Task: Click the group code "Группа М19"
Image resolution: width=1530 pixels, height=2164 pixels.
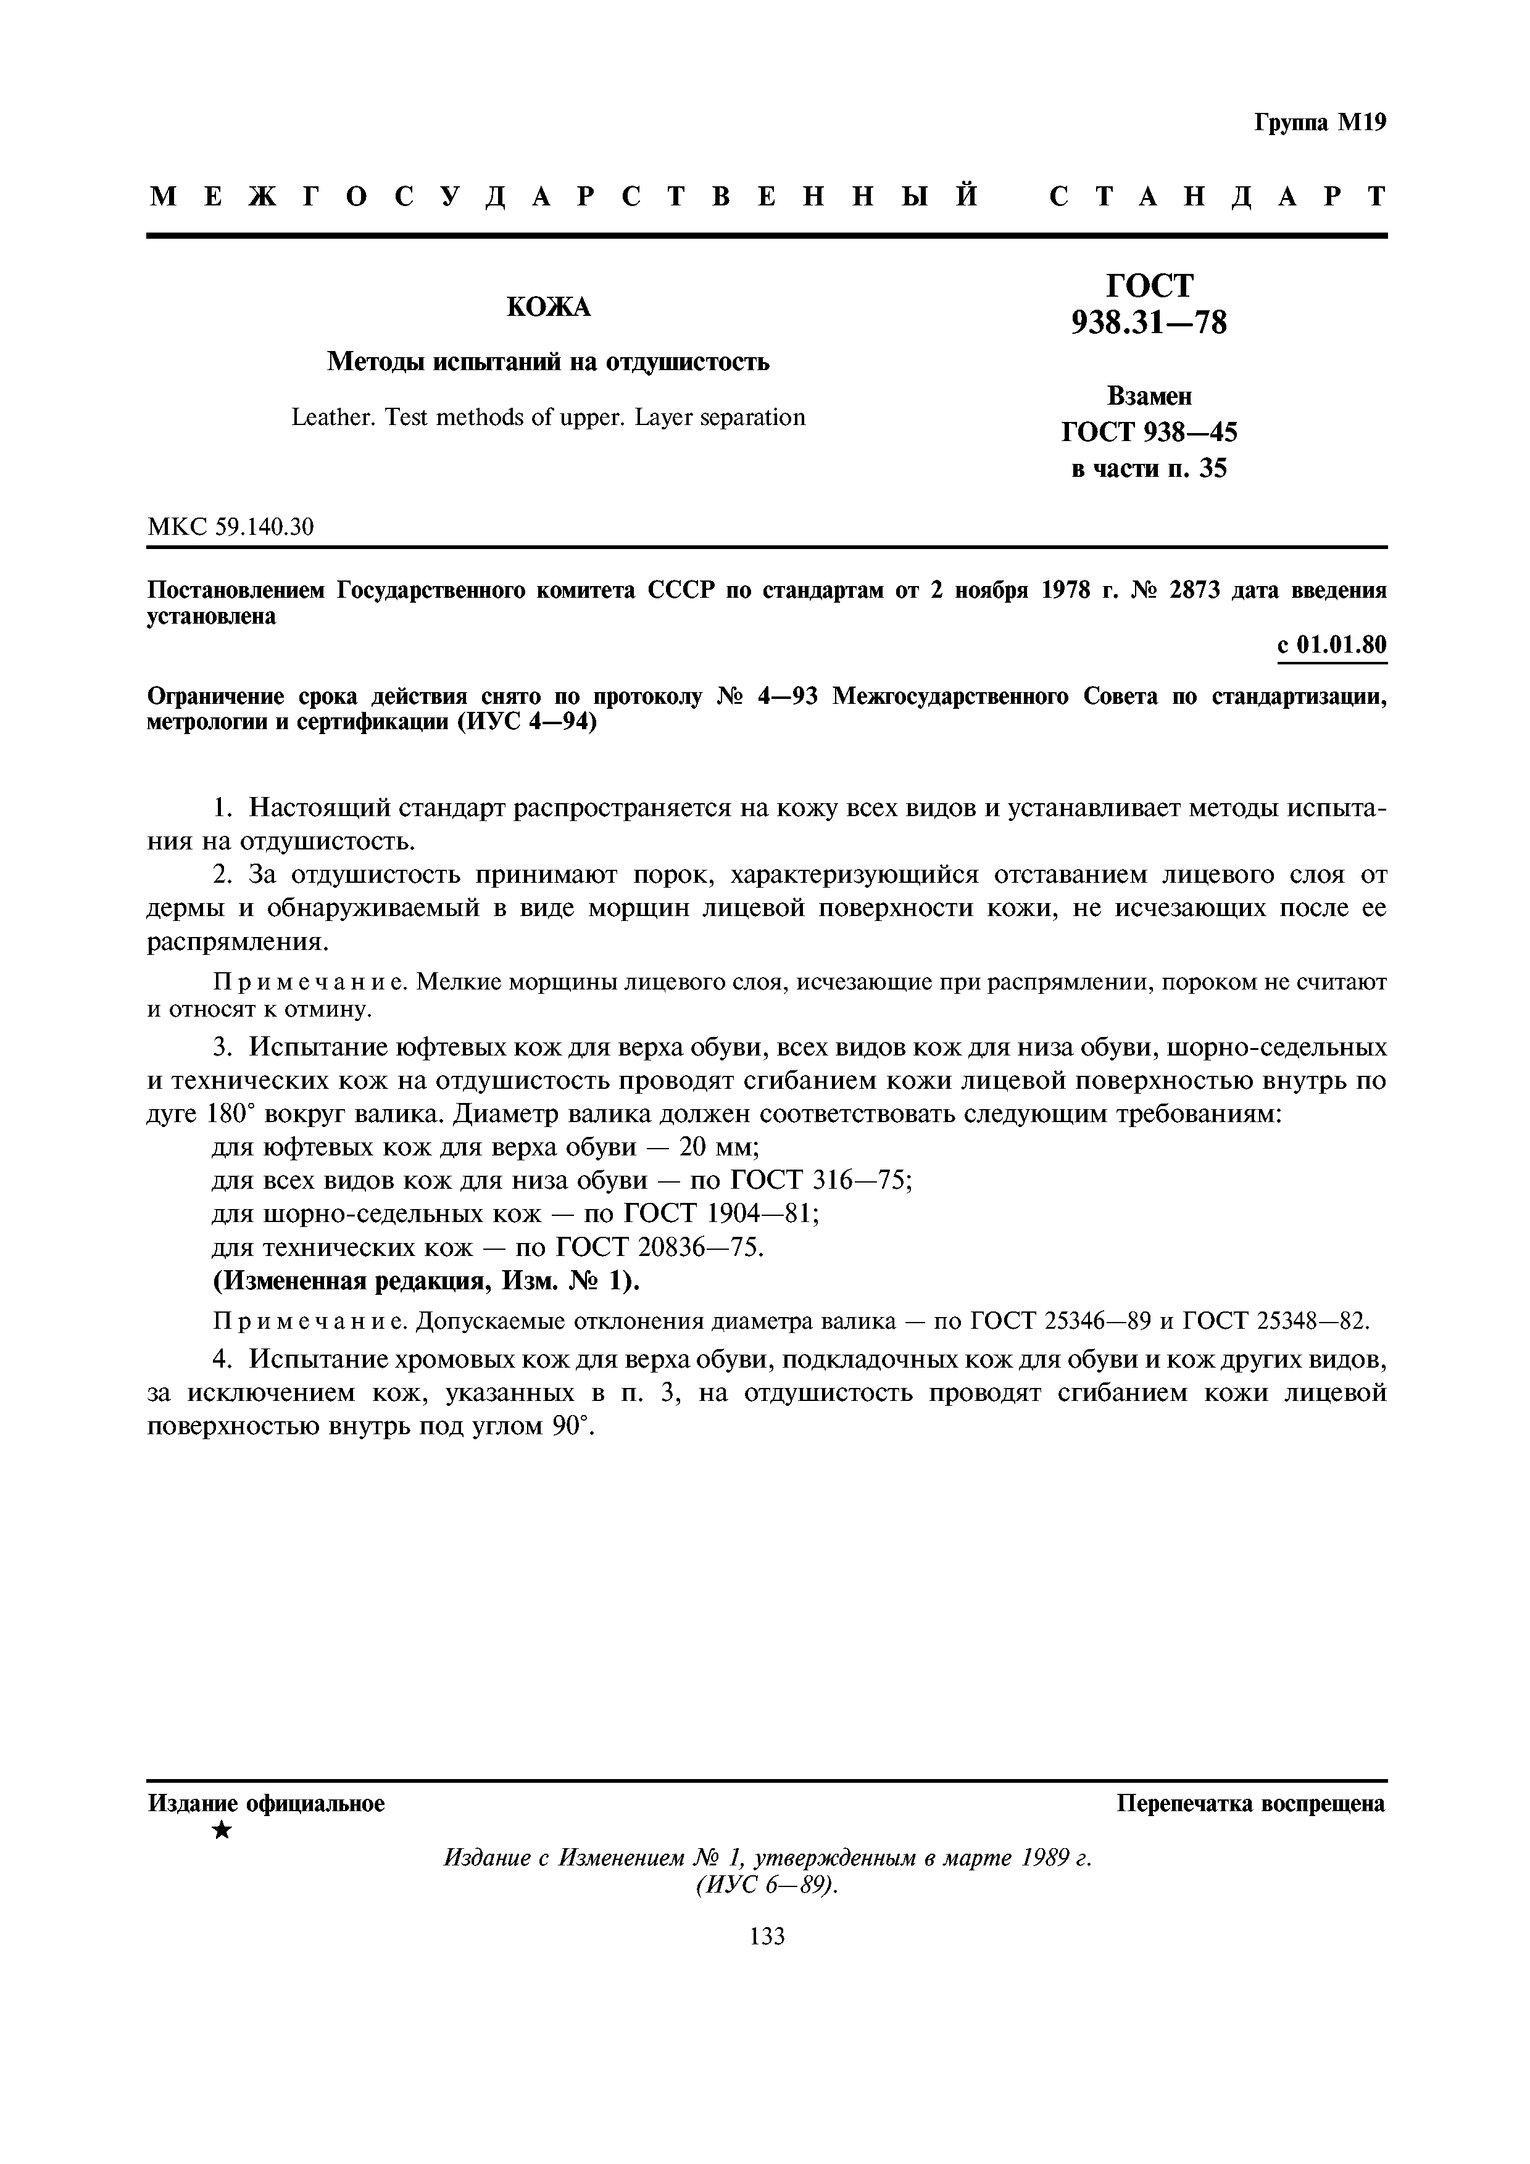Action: pos(1320,123)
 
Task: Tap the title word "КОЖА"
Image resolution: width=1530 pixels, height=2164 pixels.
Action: pos(549,307)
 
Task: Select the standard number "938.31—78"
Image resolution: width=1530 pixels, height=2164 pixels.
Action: pos(1149,323)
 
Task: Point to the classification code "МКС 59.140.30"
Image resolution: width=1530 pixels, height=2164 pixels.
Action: pos(231,526)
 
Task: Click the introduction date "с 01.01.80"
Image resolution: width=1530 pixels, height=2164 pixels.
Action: pos(1331,645)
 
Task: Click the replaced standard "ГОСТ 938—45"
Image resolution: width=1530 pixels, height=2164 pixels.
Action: pos(1149,432)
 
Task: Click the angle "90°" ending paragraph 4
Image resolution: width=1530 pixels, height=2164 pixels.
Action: pos(572,1427)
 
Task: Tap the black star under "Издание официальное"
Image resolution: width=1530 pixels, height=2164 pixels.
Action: pos(222,1830)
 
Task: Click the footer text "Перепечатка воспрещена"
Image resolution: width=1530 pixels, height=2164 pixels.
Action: pos(1251,1804)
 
